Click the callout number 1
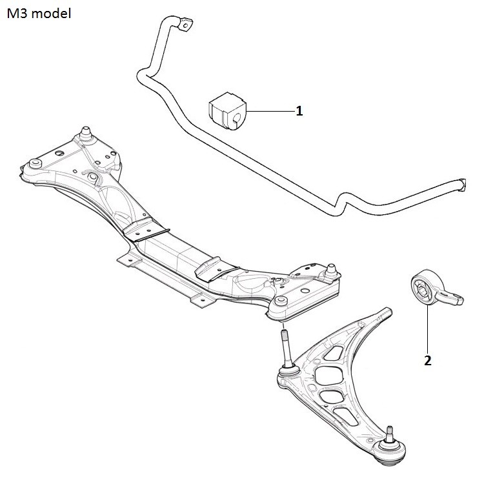299,111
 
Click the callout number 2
427,360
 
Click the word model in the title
51,14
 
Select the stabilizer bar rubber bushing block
228,110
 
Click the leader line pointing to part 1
270,111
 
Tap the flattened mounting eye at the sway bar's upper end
185,25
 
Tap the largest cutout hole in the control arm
329,376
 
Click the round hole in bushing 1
236,118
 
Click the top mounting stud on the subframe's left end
86,133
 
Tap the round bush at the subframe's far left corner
35,163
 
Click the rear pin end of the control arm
387,312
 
